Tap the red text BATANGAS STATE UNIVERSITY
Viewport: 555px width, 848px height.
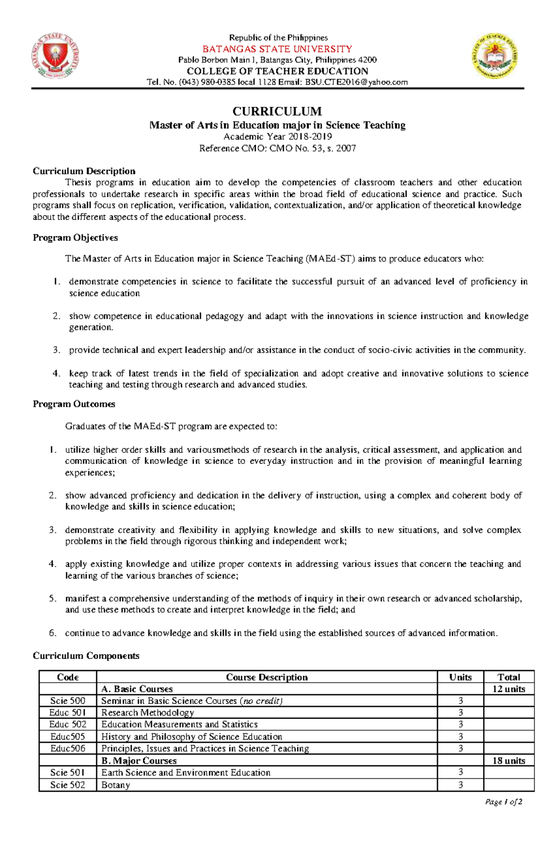[x=277, y=49]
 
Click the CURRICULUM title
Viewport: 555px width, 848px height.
[x=277, y=111]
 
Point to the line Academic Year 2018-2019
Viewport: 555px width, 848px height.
[x=277, y=137]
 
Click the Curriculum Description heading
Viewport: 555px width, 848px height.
[x=84, y=171]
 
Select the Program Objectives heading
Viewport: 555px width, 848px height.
[x=75, y=238]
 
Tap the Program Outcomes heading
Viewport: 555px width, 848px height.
[x=74, y=404]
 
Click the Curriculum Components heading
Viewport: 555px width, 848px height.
[x=86, y=656]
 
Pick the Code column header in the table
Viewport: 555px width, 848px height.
[x=68, y=677]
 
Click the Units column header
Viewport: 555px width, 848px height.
[x=460, y=677]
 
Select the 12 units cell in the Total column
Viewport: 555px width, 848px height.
[x=509, y=689]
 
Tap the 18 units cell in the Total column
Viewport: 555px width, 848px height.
[x=509, y=761]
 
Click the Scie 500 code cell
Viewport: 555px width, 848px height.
[x=68, y=701]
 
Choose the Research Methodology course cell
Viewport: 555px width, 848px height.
[x=148, y=713]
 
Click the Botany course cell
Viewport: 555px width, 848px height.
[x=116, y=785]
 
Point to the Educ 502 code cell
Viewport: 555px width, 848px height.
[x=68, y=725]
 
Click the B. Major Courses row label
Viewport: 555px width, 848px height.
[x=139, y=761]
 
